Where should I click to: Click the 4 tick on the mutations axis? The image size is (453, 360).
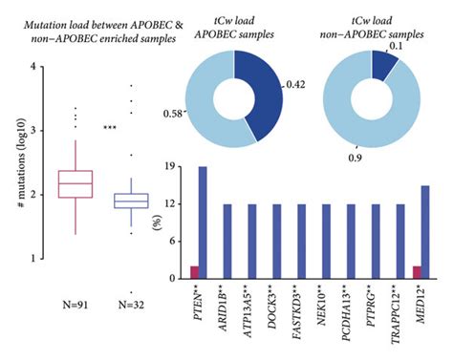pos(34,67)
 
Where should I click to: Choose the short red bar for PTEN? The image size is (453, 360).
pos(194,273)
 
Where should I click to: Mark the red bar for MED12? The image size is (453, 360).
pos(417,273)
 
